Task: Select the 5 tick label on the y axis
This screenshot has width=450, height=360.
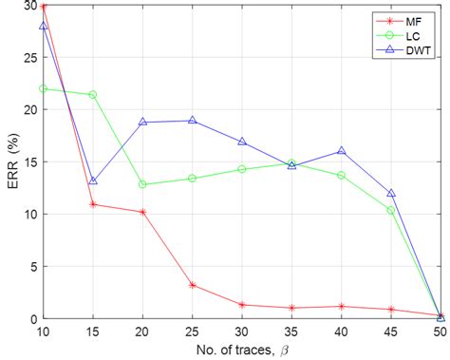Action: [x=29, y=266]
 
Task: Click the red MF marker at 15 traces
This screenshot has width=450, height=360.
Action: [x=93, y=204]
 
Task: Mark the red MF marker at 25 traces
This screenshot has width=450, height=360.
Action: [x=193, y=285]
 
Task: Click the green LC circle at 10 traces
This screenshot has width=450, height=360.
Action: [x=43, y=88]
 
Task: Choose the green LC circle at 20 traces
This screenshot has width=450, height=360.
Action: [x=142, y=184]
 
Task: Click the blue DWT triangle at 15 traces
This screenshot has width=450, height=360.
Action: [x=93, y=180]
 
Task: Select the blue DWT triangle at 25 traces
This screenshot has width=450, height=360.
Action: [x=193, y=121]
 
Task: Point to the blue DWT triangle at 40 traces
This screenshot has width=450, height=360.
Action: [x=342, y=151]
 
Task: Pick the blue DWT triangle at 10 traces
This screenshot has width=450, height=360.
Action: [x=43, y=26]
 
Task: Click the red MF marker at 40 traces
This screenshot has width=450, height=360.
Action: [x=342, y=306]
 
